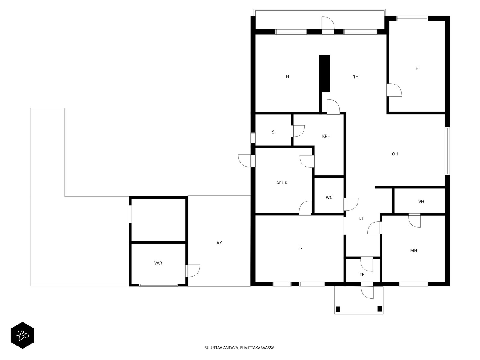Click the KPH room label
click(326, 136)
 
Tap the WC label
click(329, 197)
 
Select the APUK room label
click(282, 183)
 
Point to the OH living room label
click(395, 154)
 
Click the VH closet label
click(421, 202)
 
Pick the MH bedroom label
click(413, 251)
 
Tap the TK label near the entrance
click(362, 274)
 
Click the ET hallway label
click(361, 218)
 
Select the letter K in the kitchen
click(301, 247)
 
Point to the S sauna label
click(273, 132)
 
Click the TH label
click(356, 77)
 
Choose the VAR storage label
click(158, 263)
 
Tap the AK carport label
click(219, 243)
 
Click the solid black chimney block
click(325, 73)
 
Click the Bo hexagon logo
click(22, 335)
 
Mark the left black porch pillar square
click(338, 309)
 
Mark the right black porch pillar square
click(379, 309)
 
